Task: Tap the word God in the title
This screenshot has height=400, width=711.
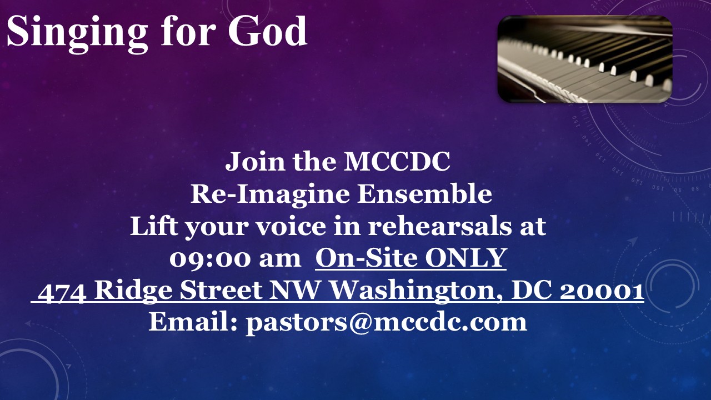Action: pos(267,31)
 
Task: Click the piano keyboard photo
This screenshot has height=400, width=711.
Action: pos(585,59)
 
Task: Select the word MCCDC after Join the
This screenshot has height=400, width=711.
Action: pos(397,161)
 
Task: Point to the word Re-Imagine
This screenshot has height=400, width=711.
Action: pos(269,195)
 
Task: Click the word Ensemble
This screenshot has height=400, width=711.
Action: pos(424,194)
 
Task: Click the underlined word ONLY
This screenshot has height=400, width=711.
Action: pos(465,258)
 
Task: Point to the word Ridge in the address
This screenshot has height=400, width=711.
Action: pos(134,292)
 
